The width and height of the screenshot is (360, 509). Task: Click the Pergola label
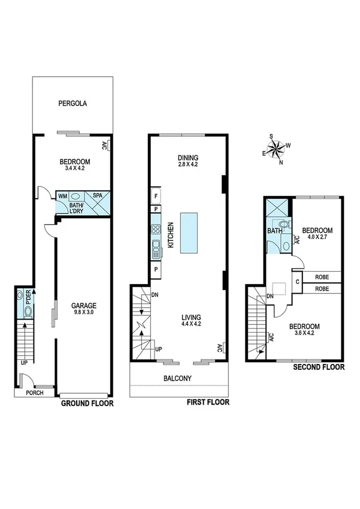(x=73, y=103)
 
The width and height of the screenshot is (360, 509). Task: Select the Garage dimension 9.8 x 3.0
(x=82, y=312)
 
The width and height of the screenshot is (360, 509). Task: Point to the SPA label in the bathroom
(x=96, y=195)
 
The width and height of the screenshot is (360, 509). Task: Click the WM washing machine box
(x=62, y=195)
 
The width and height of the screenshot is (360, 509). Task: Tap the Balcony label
(x=177, y=378)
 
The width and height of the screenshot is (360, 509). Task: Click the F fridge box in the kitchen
(x=156, y=195)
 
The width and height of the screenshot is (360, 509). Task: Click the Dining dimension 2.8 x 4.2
(x=187, y=164)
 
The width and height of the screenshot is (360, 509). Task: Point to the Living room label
(x=192, y=317)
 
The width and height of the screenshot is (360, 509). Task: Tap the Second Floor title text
(x=319, y=366)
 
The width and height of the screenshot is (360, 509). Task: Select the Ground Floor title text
(x=87, y=403)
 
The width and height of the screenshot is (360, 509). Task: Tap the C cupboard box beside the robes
(x=297, y=281)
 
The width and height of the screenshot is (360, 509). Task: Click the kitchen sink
(x=156, y=246)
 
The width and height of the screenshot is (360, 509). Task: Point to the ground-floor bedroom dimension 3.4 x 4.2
(x=75, y=168)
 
